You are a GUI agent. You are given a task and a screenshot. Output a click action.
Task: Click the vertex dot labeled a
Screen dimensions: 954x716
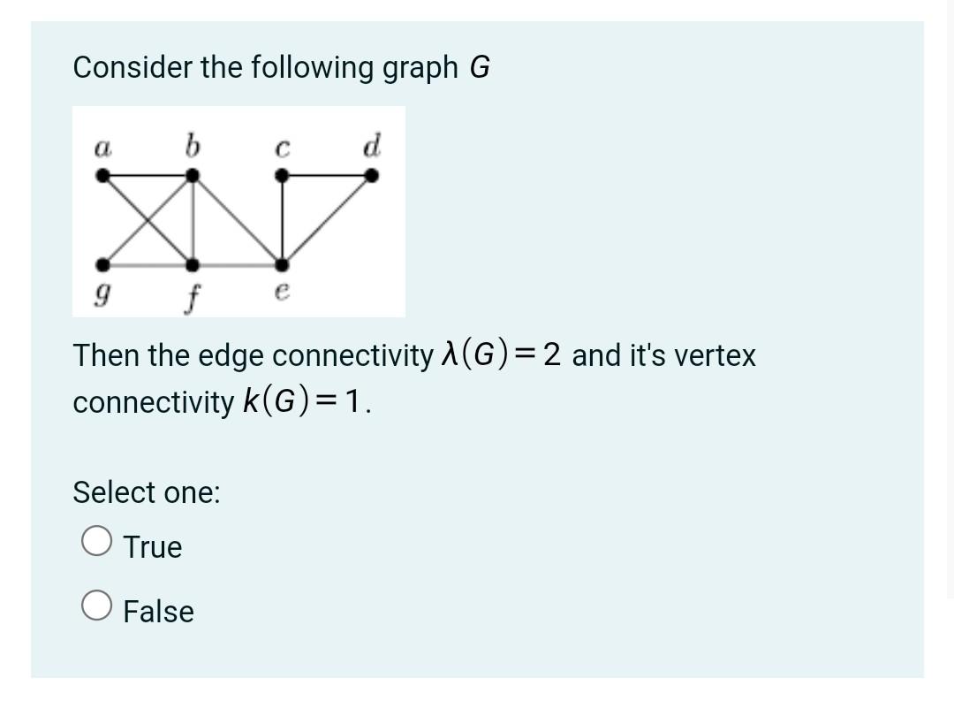pyautogui.click(x=104, y=176)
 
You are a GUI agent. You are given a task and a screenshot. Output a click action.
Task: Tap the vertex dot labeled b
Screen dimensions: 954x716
pyautogui.click(x=193, y=176)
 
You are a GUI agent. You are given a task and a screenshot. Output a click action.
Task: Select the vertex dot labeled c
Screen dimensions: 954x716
pyautogui.click(x=281, y=176)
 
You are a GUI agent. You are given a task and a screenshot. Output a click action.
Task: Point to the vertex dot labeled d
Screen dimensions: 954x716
pyautogui.click(x=372, y=176)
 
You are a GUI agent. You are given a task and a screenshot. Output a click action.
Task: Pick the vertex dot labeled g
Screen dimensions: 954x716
pyautogui.click(x=104, y=264)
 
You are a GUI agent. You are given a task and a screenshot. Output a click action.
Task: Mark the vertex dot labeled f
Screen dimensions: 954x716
pyautogui.click(x=193, y=264)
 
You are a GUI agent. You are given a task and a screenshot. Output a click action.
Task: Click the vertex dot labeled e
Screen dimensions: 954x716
pyautogui.click(x=281, y=264)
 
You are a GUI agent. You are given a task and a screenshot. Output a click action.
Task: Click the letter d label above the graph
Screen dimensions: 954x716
pyautogui.click(x=372, y=145)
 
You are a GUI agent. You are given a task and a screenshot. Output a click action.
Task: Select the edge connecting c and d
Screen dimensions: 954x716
pyautogui.click(x=327, y=176)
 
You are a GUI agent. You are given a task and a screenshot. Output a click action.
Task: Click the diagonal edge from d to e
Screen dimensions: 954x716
pyautogui.click(x=327, y=220)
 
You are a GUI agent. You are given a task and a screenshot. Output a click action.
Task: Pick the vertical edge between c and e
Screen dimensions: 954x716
pyautogui.click(x=281, y=220)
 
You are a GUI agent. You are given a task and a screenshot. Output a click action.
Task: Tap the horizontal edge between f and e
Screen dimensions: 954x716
pyautogui.click(x=237, y=264)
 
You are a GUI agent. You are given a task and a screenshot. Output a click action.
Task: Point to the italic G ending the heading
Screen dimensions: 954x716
pyautogui.click(x=479, y=67)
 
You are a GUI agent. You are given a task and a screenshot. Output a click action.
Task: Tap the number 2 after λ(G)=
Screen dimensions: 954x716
pyautogui.click(x=552, y=355)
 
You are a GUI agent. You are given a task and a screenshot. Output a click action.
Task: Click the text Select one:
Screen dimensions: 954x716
pyautogui.click(x=147, y=491)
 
